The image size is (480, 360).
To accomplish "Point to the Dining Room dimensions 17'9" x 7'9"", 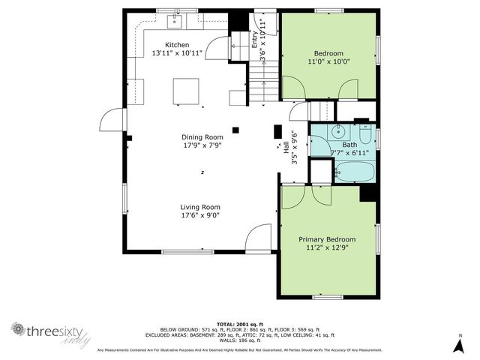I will coord(203,146).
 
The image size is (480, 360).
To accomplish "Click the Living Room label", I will coord(199,207).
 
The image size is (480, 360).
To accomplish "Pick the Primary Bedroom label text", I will coord(327,239).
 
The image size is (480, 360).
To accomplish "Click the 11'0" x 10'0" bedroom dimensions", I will coord(328,62).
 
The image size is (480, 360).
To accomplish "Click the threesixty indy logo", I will coord(51,332).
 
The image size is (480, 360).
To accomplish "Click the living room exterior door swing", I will coord(259,238).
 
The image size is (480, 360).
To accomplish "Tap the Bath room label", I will coord(349,145).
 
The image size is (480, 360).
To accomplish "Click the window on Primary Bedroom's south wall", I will coord(328,297).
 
